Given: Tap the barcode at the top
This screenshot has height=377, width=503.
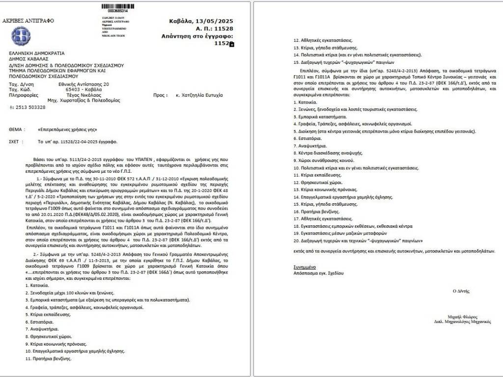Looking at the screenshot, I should (x=117, y=5).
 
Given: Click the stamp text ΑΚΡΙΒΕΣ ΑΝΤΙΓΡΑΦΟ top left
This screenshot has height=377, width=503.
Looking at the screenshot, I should (x=28, y=21).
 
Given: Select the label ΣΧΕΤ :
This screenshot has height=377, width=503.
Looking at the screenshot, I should (x=16, y=141).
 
